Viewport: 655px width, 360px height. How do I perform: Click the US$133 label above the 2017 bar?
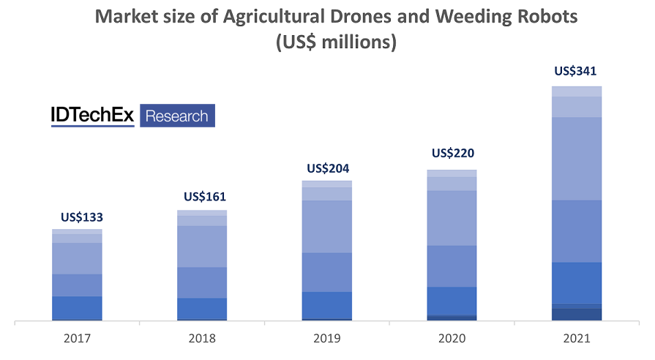81,217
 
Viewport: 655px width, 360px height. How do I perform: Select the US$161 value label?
205,197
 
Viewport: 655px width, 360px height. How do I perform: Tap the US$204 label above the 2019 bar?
328,168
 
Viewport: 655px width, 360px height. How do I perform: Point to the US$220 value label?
453,154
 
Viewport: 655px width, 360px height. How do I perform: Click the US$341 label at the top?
576,72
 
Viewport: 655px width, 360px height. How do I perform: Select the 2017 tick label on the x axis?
77,340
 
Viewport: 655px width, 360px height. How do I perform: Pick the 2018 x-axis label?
201,340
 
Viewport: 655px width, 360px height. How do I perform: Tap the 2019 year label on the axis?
327,340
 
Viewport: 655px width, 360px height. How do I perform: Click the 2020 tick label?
452,340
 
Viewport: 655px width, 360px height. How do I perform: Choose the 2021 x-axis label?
577,340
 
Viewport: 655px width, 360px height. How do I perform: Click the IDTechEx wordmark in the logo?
92,116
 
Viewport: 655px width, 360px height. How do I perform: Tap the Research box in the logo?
177,116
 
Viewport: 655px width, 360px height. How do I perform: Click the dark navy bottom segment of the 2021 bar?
577,314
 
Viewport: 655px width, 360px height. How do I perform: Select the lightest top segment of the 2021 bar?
577,91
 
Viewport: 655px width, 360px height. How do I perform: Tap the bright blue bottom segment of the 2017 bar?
77,307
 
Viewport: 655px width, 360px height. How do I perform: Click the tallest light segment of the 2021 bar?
577,158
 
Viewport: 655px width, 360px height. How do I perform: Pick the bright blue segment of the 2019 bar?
327,305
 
